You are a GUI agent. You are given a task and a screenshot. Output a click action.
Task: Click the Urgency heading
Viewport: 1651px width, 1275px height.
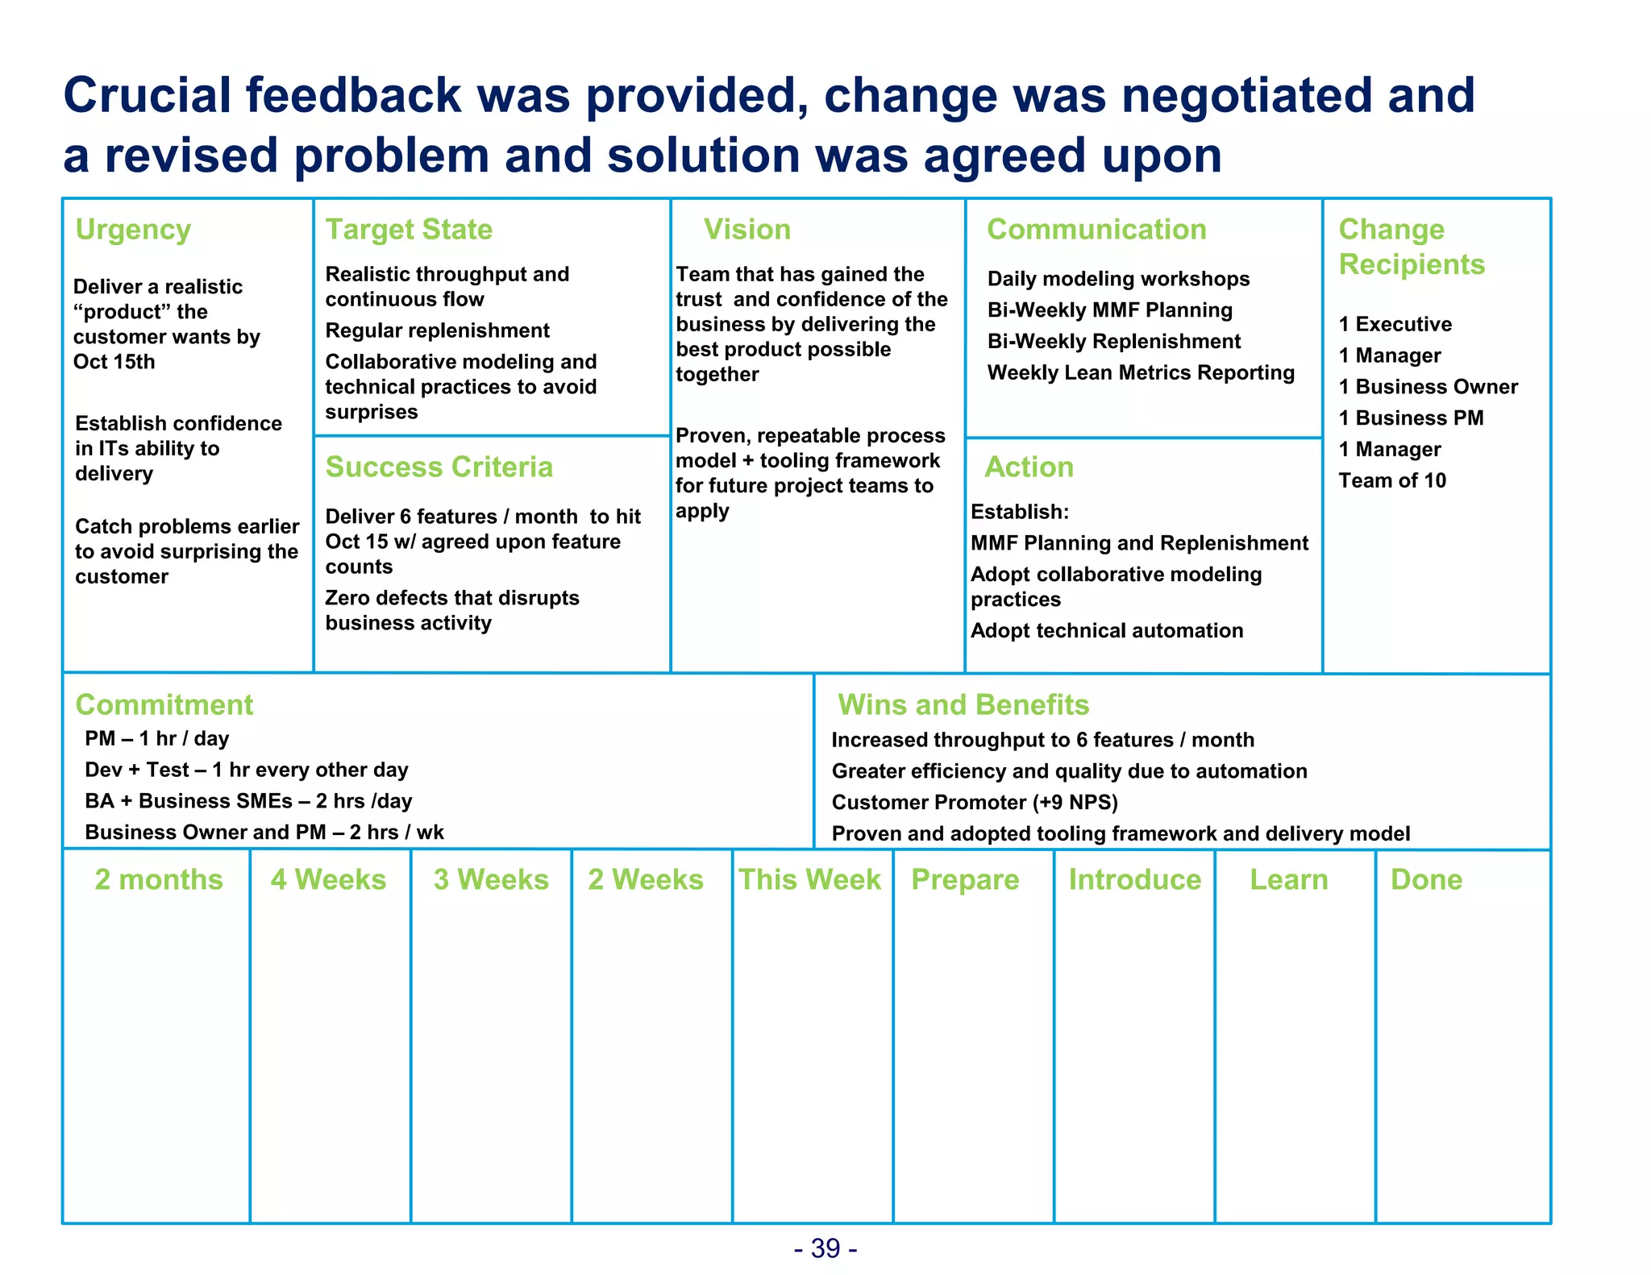133,230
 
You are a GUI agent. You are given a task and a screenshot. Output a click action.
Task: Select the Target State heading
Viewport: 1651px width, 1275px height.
409,230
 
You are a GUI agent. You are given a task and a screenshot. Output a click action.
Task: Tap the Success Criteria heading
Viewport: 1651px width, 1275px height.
439,467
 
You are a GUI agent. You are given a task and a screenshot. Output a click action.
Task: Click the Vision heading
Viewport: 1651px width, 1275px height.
747,230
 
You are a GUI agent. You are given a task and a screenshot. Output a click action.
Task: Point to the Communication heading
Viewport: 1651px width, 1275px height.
1096,230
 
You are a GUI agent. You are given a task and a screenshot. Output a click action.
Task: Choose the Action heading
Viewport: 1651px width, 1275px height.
1029,467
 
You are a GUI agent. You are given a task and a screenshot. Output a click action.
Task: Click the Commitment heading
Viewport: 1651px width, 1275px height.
164,705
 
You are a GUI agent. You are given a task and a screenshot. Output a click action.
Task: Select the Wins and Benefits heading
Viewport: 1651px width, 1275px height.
963,705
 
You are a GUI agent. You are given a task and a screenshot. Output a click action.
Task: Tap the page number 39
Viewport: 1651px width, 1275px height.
825,1248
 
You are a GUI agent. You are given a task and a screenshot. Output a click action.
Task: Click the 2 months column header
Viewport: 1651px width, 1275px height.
159,879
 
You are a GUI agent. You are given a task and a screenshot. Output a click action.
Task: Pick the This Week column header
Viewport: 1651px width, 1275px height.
810,879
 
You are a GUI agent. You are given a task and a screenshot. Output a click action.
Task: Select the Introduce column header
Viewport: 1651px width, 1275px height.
1134,879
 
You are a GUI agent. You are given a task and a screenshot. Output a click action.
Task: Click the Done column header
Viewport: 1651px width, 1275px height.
1426,879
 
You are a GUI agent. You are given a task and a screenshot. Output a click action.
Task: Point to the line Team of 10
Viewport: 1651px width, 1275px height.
1392,480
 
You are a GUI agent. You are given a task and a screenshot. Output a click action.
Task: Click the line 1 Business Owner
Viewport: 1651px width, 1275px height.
1428,387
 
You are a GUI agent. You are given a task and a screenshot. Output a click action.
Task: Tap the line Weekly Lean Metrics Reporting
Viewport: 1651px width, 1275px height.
1141,372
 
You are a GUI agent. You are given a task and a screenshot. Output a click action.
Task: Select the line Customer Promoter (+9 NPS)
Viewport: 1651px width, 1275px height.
975,803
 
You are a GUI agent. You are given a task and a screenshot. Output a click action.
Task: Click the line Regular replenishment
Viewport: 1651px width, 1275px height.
437,330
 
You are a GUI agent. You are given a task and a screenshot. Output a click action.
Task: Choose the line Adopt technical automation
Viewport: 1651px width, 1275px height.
1107,630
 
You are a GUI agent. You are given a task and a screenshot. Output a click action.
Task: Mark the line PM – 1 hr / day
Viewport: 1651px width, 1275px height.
157,738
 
